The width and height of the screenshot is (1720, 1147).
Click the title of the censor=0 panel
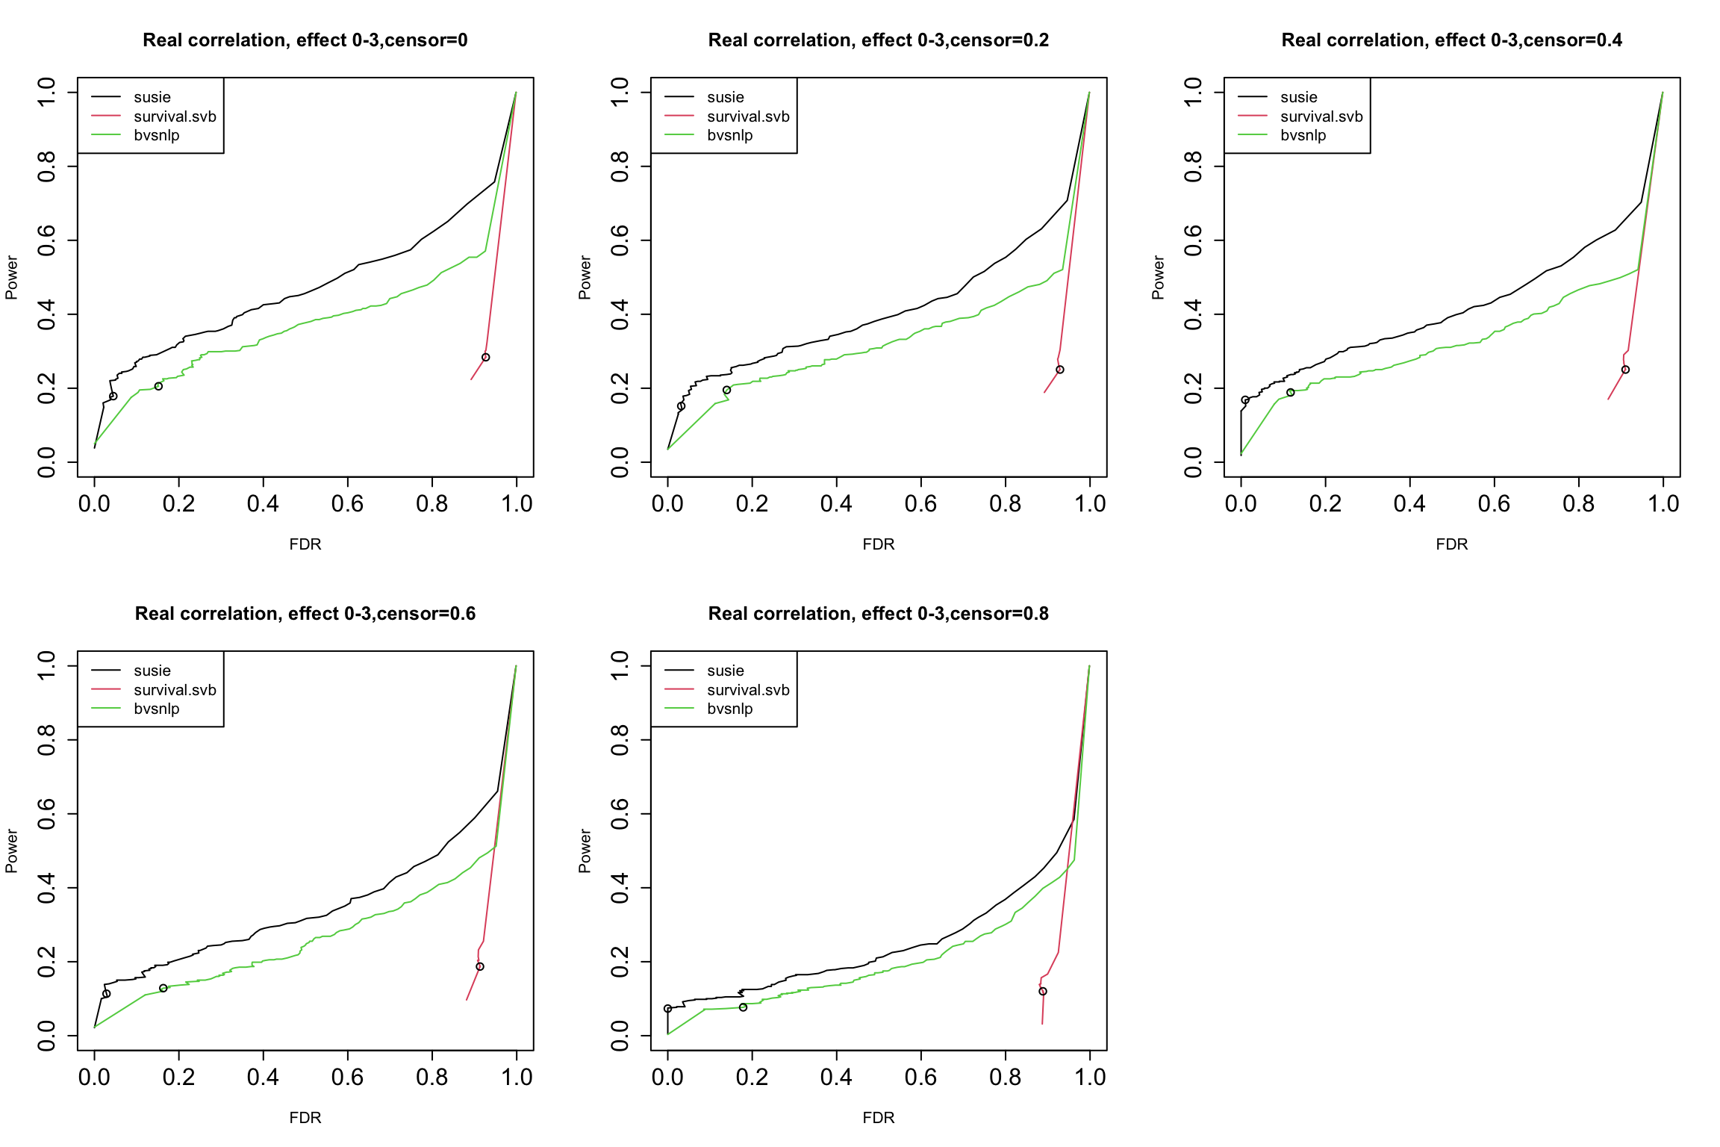pyautogui.click(x=305, y=40)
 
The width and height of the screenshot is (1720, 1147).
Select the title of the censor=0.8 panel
pyautogui.click(x=878, y=614)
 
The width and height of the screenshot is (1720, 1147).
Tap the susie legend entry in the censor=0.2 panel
pyautogui.click(x=725, y=97)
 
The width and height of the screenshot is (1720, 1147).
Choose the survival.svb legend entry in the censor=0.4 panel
pyautogui.click(x=1321, y=116)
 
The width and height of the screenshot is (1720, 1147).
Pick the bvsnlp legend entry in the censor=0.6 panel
pyautogui.click(x=156, y=709)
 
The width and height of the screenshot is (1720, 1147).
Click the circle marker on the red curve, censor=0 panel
pyautogui.click(x=486, y=358)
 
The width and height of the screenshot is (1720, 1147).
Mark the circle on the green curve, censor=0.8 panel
pyautogui.click(x=743, y=1007)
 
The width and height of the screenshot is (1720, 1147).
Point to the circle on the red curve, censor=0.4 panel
pyautogui.click(x=1625, y=370)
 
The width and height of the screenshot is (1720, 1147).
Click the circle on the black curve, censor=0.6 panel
pyautogui.click(x=106, y=994)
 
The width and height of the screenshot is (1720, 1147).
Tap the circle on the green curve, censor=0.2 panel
pyautogui.click(x=726, y=390)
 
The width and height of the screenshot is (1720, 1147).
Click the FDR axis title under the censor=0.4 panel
pyautogui.click(x=1451, y=544)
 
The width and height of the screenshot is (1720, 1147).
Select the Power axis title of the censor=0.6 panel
pyautogui.click(x=11, y=851)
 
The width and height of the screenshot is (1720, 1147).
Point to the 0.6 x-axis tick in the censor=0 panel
pyautogui.click(x=347, y=504)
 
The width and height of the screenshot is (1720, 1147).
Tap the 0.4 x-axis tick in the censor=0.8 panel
pyautogui.click(x=836, y=1078)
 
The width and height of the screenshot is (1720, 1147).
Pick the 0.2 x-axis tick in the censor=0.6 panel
pyautogui.click(x=178, y=1078)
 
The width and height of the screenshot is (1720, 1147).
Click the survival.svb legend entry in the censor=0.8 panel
pyautogui.click(x=747, y=690)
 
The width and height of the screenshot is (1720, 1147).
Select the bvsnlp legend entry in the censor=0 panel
pyautogui.click(x=156, y=135)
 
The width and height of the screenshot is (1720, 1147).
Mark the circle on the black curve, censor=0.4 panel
pyautogui.click(x=1245, y=400)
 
